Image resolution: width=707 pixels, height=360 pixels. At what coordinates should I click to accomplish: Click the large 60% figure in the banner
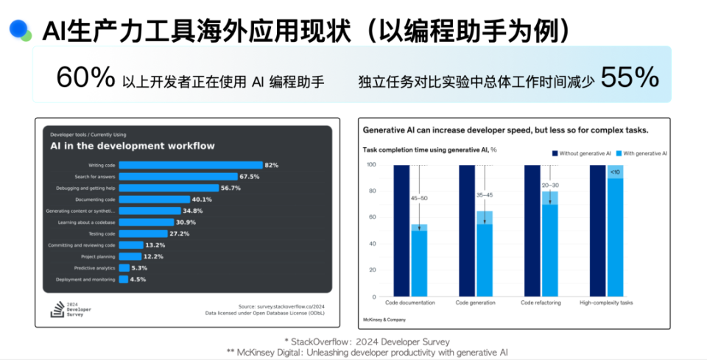click(x=86, y=77)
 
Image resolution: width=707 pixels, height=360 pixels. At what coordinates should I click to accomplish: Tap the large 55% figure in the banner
click(x=630, y=77)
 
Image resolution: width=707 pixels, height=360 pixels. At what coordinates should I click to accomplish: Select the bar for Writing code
click(x=191, y=165)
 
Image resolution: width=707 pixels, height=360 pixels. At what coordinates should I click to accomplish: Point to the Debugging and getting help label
click(x=86, y=188)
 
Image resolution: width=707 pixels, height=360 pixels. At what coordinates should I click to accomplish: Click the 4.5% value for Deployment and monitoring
click(x=138, y=280)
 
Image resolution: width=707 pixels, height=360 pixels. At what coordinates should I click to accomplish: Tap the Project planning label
click(x=99, y=256)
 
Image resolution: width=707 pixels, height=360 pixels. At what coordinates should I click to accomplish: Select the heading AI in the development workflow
click(x=133, y=146)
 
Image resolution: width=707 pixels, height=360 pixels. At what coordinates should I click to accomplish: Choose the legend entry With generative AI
click(x=641, y=153)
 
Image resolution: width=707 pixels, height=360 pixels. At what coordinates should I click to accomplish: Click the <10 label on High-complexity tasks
click(x=615, y=172)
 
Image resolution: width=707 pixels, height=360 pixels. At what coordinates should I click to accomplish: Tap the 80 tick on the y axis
click(x=372, y=191)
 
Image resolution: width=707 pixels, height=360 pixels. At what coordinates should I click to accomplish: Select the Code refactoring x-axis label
click(x=541, y=303)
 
